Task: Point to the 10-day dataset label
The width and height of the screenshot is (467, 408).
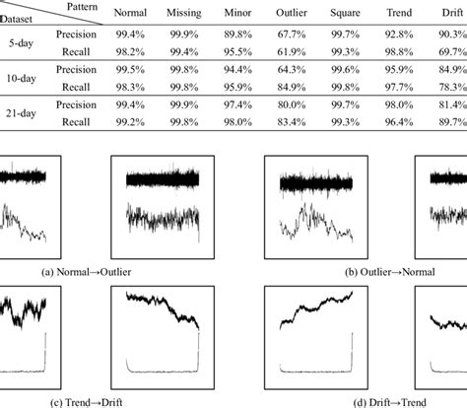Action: [21, 79]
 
